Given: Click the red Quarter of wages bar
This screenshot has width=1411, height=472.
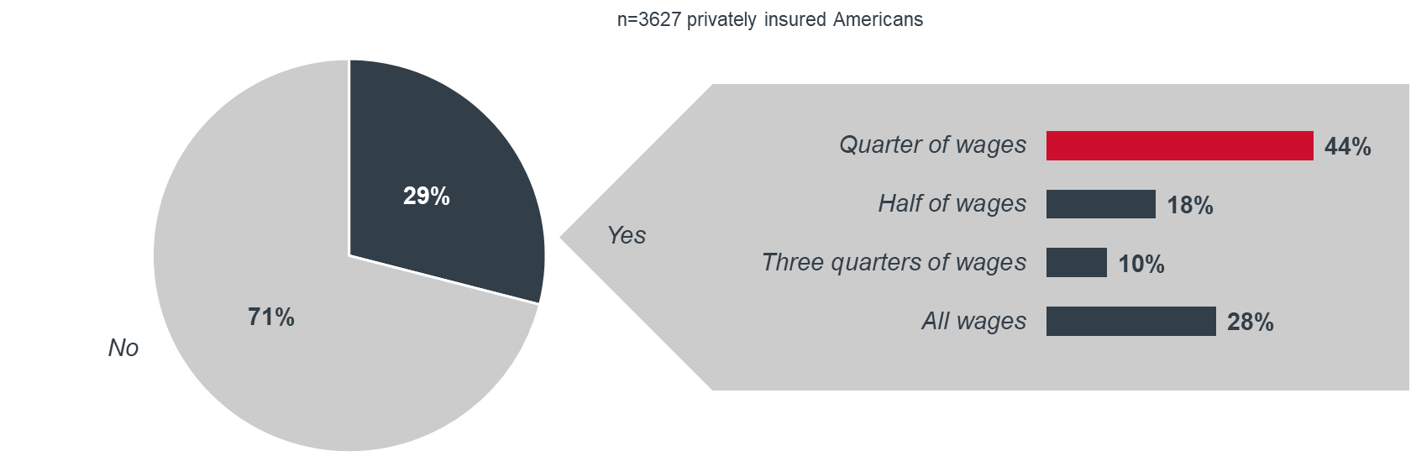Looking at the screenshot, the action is (x=1179, y=145).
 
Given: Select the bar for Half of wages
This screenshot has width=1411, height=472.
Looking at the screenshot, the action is (x=1100, y=204).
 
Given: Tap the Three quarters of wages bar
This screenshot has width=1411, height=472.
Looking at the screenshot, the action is (x=1077, y=262).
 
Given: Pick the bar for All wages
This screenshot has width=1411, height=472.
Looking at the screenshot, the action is (x=1130, y=322).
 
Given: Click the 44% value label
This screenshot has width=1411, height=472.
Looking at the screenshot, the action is (x=1347, y=147).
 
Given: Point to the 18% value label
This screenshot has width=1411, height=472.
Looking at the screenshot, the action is (x=1190, y=206).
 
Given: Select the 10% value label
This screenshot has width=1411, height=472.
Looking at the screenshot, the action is (x=1141, y=264).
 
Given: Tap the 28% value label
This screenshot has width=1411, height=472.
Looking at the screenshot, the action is (x=1250, y=323).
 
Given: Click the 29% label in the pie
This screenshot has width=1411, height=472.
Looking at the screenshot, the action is (x=427, y=196).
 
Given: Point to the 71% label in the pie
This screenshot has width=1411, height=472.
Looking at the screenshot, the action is (x=270, y=317).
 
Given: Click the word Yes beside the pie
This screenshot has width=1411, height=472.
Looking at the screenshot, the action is (x=627, y=235).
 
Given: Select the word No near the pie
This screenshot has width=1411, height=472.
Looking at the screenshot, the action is (x=123, y=348).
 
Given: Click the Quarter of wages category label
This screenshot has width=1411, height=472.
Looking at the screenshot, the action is (x=932, y=145).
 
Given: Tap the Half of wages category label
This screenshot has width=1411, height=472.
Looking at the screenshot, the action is (x=952, y=204).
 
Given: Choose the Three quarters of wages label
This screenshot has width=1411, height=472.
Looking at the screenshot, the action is (x=894, y=263).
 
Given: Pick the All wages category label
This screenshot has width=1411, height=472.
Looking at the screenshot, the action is (x=974, y=322).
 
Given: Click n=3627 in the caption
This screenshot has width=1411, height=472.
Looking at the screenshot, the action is (x=648, y=19).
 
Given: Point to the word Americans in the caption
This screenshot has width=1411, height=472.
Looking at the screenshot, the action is (x=879, y=19).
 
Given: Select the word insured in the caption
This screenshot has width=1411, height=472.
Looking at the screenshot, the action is (x=795, y=19).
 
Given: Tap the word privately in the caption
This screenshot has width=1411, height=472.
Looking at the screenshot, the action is (x=721, y=20).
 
